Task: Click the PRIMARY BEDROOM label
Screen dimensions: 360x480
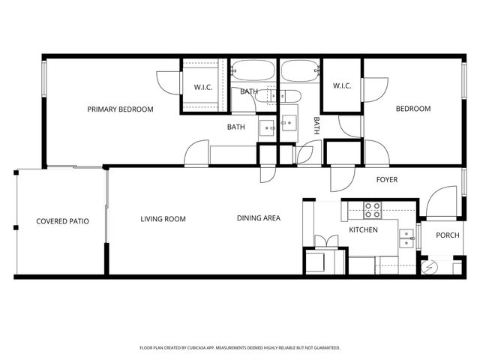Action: [x=120, y=109]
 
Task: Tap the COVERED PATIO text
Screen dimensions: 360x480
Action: [x=62, y=221]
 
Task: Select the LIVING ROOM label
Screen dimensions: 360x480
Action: [x=163, y=219]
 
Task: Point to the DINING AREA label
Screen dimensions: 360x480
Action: [x=259, y=218]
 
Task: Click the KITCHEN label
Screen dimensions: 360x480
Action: [x=364, y=230]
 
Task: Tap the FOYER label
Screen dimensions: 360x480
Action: [x=387, y=180]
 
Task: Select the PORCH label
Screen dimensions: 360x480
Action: [x=448, y=235]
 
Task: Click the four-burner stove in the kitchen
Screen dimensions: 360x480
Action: [x=373, y=209]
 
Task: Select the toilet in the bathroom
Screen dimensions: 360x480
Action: [x=288, y=95]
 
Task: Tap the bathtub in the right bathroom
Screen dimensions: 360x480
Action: [x=300, y=70]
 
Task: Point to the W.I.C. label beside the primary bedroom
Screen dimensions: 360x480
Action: [x=203, y=86]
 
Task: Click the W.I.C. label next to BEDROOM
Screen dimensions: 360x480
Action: [x=343, y=85]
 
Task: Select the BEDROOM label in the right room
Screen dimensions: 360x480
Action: [x=413, y=109]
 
